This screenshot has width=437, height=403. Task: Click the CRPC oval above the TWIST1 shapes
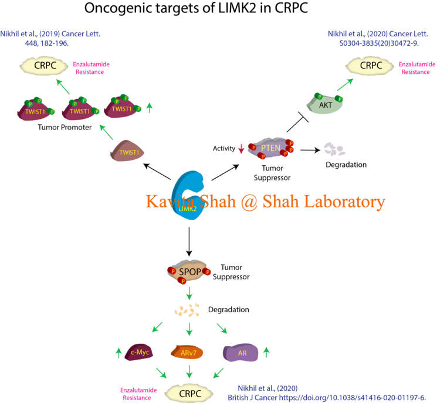46,65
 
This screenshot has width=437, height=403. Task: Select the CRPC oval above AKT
371,65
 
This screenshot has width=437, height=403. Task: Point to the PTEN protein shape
271,148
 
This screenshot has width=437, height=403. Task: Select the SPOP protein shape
188,272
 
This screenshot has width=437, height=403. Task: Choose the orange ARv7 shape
187,352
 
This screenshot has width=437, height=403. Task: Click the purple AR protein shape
240,352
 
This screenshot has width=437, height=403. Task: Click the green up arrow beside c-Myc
118,352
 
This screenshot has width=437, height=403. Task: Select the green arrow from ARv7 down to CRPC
189,371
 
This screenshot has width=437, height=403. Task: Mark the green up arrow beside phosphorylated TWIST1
149,107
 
